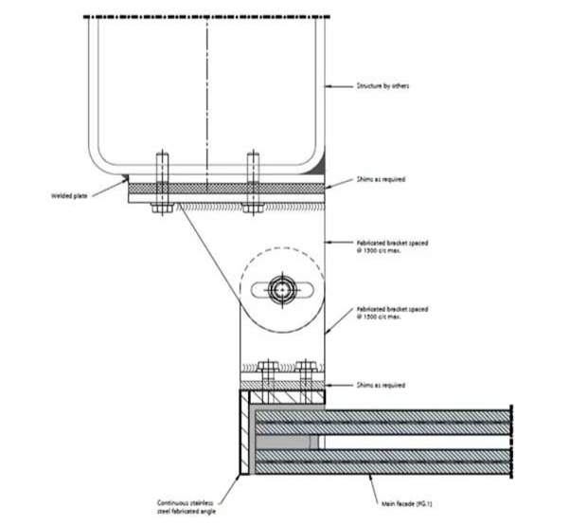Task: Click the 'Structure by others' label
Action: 382,86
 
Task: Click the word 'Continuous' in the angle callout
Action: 175,502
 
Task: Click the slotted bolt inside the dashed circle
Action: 282,289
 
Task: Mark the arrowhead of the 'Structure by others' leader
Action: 328,86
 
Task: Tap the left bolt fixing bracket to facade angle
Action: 268,373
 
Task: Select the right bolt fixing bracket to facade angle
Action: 305,373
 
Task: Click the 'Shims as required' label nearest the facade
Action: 381,385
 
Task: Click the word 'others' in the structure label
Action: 399,86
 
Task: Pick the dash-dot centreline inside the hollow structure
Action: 206,95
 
